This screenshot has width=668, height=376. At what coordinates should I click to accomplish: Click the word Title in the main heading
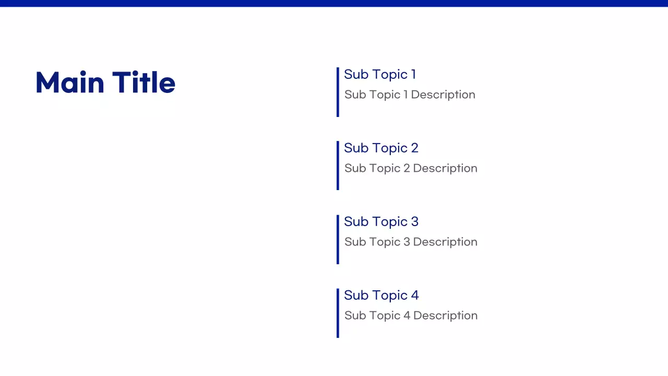click(144, 83)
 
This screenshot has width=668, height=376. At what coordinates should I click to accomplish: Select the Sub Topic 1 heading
click(380, 75)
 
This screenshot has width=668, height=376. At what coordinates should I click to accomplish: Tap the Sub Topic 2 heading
click(381, 148)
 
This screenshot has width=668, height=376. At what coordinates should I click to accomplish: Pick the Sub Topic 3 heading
click(381, 222)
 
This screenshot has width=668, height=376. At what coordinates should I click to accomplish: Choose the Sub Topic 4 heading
click(381, 296)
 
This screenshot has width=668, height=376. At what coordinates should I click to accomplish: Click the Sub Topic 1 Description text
click(410, 95)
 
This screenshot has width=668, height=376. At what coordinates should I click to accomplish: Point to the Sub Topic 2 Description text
click(411, 169)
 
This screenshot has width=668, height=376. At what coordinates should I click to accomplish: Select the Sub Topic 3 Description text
click(411, 242)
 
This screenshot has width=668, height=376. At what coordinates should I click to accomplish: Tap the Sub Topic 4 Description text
click(411, 316)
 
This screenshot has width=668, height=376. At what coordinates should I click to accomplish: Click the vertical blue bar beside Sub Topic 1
click(338, 92)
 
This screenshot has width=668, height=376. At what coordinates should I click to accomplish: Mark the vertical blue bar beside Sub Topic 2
click(338, 166)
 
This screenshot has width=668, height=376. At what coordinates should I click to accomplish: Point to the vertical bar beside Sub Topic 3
click(338, 239)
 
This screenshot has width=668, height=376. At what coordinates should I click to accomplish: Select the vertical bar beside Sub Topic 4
click(338, 313)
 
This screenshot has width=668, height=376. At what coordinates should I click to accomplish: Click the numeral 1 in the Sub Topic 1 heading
click(413, 75)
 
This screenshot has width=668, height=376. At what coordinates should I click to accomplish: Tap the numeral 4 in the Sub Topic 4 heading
click(414, 296)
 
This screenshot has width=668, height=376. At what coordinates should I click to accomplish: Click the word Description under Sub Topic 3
click(445, 242)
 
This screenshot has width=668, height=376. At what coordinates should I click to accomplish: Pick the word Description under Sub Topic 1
click(443, 95)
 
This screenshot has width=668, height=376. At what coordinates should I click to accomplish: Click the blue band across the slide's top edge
click(334, 3)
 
